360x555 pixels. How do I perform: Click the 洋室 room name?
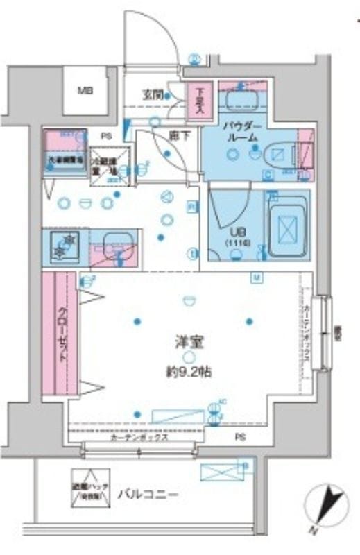point(184,341)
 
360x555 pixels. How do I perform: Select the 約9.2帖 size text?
point(184,371)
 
